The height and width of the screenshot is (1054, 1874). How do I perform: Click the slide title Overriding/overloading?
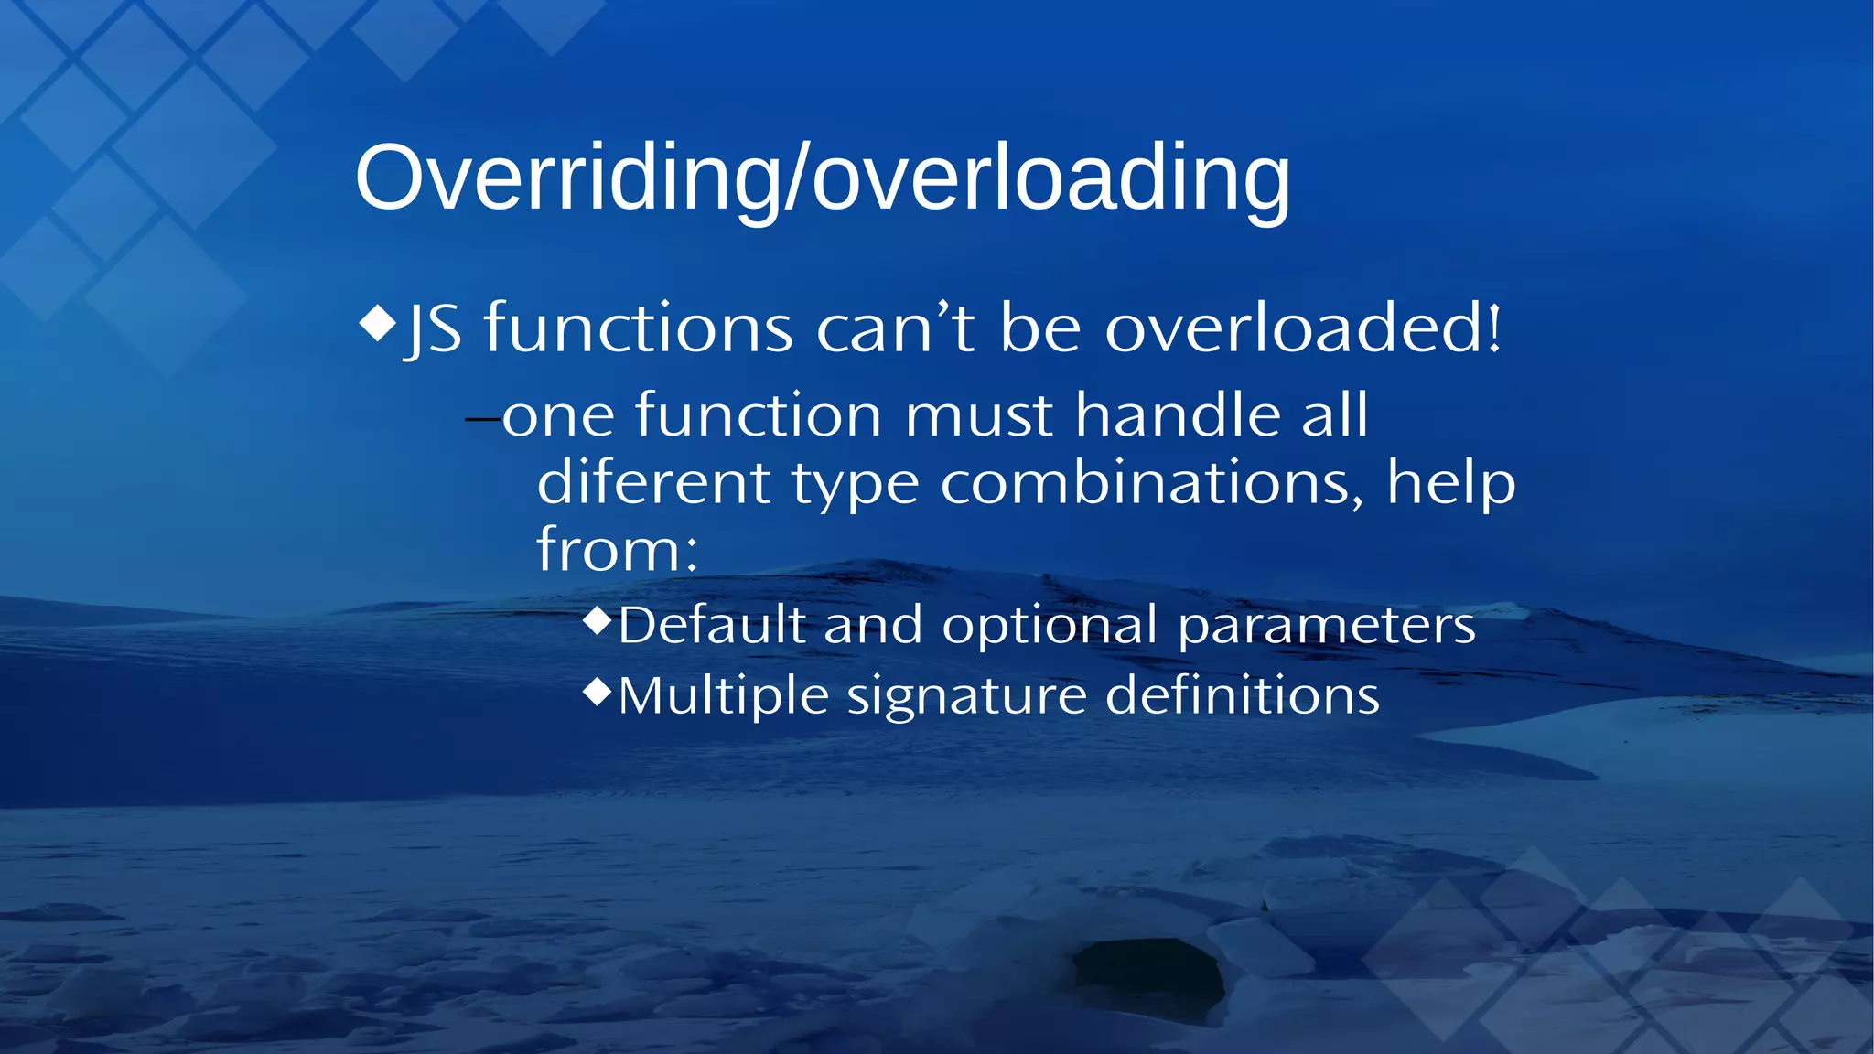[x=822, y=177]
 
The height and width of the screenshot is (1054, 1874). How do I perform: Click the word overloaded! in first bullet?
[x=1303, y=328]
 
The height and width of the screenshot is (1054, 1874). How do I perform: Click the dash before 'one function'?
[x=482, y=420]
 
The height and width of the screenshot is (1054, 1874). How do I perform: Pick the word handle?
[x=1177, y=414]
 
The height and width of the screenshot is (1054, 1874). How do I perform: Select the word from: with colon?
[x=617, y=550]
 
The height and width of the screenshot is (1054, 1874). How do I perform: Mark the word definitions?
[x=1242, y=695]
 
